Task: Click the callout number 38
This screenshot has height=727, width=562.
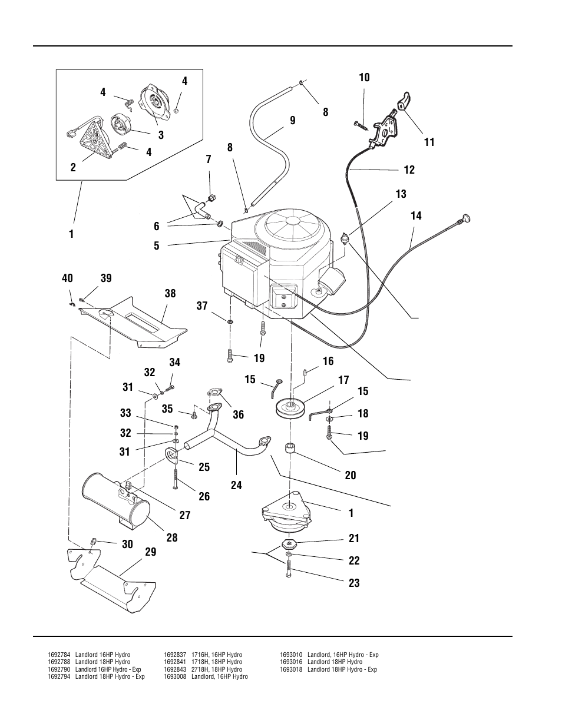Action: point(170,294)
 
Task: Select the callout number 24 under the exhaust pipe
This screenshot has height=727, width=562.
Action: point(236,486)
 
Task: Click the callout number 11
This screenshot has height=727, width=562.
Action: point(429,142)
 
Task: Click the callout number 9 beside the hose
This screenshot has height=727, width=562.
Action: point(292,121)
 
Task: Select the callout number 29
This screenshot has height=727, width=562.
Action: point(150,552)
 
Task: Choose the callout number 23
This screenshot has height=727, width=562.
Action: point(353,583)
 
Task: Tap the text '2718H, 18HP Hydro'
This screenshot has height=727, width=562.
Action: point(216,669)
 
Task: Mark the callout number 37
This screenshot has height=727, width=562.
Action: point(202,306)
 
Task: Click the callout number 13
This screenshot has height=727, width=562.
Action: point(401,194)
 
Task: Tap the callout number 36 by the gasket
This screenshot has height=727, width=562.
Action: point(238,415)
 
